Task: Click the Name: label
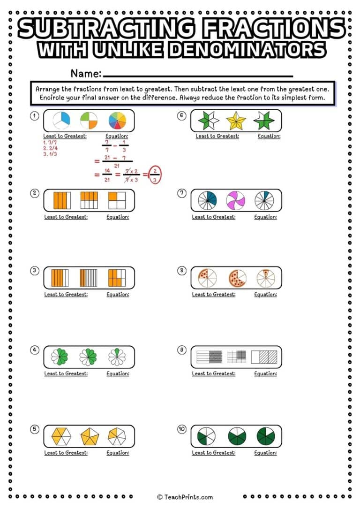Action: tap(86, 73)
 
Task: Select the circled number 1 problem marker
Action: tap(34, 116)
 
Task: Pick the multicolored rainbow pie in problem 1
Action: tap(117, 121)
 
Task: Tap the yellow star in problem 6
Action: tap(236, 121)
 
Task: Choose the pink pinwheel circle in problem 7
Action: tap(236, 200)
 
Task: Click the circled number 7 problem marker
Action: tap(182, 193)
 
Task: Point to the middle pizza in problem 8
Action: tap(237, 278)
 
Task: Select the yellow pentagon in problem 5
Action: tap(90, 437)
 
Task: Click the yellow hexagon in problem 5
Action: tap(61, 437)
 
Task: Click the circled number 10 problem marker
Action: tap(182, 429)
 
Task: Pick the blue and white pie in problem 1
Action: tap(61, 121)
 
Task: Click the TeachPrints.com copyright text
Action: tap(185, 497)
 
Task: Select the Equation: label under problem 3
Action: tap(118, 295)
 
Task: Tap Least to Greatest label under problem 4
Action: tap(66, 374)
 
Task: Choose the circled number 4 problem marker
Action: tap(34, 350)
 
